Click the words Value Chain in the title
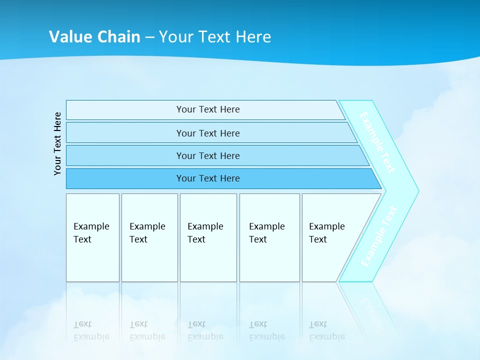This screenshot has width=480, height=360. tap(94, 37)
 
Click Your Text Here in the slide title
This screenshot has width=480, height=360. tap(215, 37)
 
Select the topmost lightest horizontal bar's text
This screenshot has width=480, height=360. tap(208, 109)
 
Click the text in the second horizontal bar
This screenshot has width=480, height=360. tap(208, 133)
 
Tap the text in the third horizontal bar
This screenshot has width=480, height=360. tap(208, 156)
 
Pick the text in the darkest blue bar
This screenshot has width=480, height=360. tap(208, 178)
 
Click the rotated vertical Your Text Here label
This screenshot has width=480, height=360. tap(57, 143)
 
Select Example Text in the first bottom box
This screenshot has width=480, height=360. tap(91, 233)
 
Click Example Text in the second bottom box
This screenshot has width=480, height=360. tap(147, 233)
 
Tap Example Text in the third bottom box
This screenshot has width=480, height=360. tap(205, 233)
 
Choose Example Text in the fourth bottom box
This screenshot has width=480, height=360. tap(266, 233)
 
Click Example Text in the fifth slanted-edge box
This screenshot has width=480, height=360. tap(326, 233)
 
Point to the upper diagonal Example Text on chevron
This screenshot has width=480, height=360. tap(377, 142)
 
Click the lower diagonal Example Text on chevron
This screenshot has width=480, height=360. tap(379, 237)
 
